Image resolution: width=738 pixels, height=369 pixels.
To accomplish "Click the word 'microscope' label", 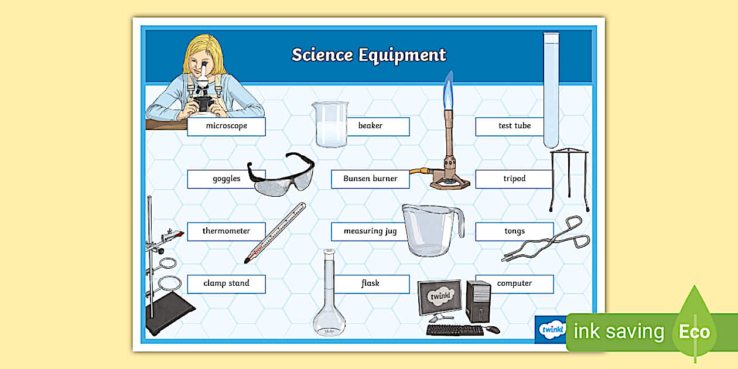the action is pos(226,126).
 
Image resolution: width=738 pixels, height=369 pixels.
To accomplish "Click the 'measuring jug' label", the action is pos(370,231).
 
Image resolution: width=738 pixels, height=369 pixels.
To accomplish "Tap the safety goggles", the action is pos(281,175).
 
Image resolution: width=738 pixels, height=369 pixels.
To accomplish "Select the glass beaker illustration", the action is pos(330,125).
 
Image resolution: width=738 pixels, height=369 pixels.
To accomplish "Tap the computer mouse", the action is pos(493,329).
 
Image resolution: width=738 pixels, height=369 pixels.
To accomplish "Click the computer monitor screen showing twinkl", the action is pos(440,297).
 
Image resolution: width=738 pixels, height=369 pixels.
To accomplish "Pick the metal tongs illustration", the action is pos(546,240).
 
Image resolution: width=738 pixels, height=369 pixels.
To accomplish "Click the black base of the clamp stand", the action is pos(170,313).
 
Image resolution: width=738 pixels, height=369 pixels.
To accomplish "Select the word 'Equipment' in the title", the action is pos(402,55).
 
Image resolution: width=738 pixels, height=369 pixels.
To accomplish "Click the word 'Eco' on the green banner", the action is pos(694,332).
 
